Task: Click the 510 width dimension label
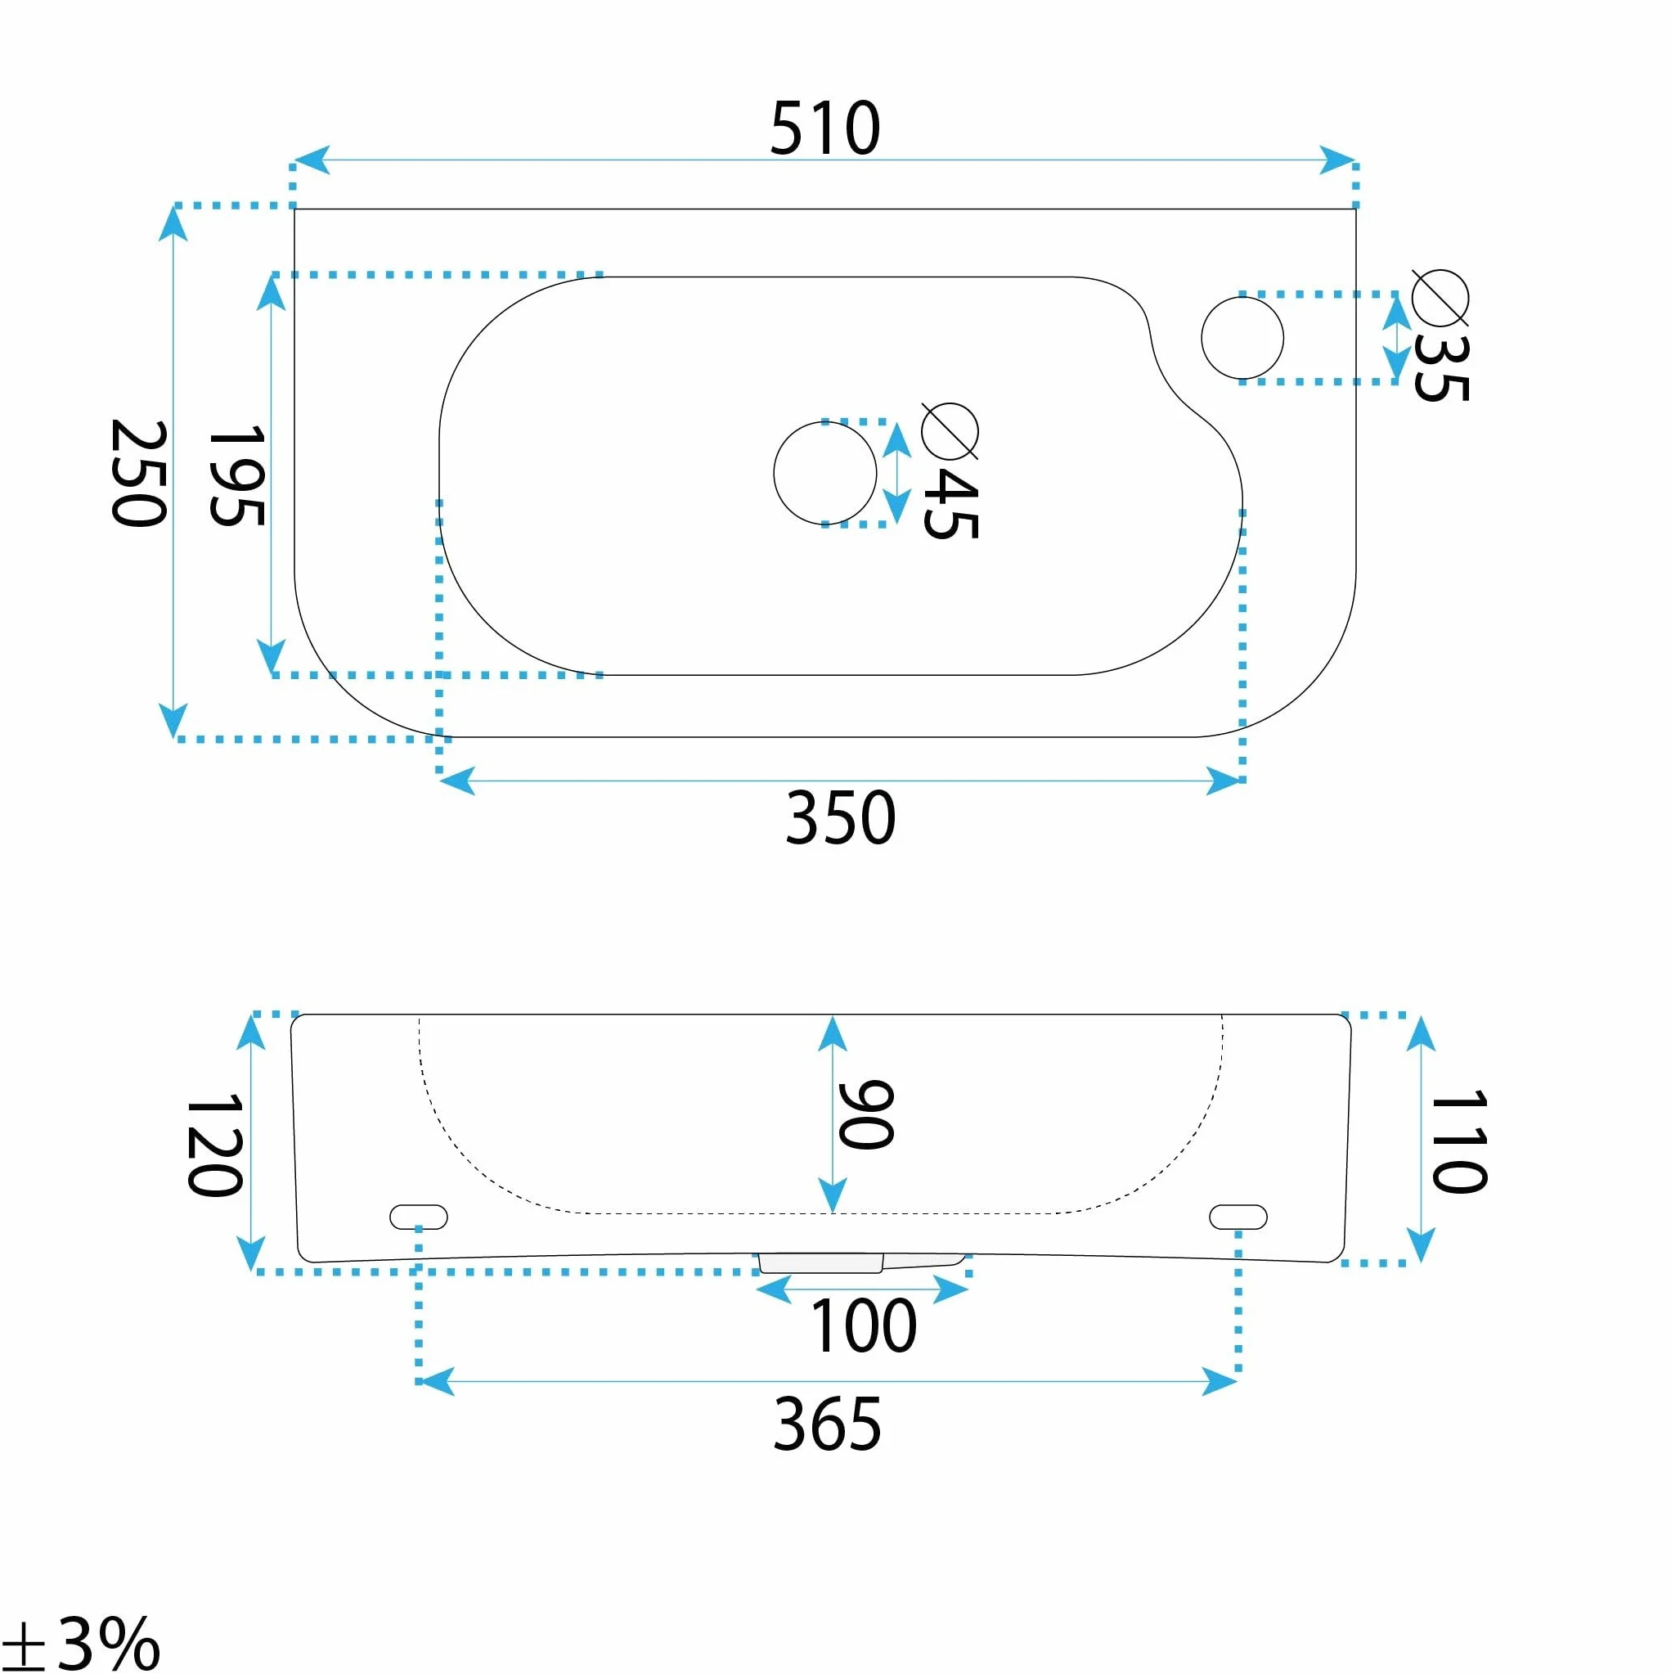[x=824, y=128]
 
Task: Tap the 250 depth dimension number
[x=138, y=473]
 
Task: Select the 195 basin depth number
[x=236, y=475]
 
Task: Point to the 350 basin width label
[x=839, y=817]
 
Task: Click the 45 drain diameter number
[x=951, y=505]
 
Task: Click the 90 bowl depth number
[x=865, y=1115]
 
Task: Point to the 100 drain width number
[x=863, y=1326]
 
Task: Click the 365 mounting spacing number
[x=827, y=1424]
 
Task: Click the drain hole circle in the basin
[x=824, y=422]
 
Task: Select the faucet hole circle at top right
[x=1242, y=297]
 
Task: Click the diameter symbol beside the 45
[x=950, y=430]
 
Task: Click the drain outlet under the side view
[x=862, y=1263]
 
